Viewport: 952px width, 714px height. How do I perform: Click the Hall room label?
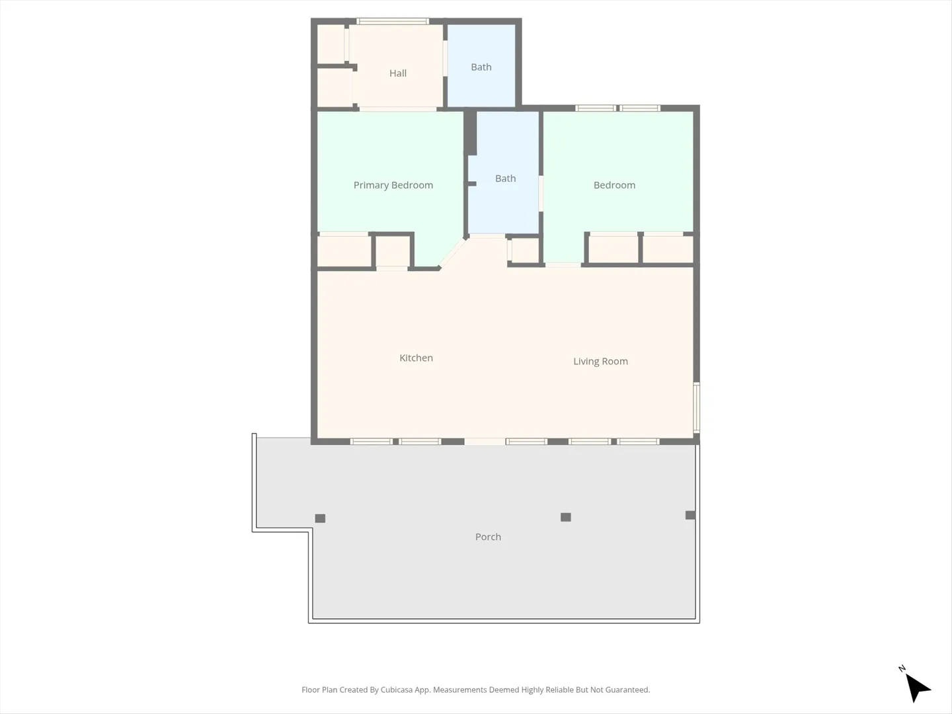click(398, 73)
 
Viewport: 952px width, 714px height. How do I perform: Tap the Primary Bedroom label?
click(393, 185)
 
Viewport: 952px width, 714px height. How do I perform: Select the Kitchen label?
click(416, 358)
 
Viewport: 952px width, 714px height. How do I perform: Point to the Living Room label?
click(600, 361)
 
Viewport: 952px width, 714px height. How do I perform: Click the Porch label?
click(488, 537)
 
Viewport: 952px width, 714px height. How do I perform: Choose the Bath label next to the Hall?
click(481, 67)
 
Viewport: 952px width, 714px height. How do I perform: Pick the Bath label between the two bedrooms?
click(505, 178)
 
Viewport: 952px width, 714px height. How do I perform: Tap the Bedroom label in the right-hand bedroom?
click(614, 185)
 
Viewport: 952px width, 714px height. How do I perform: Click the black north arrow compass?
click(917, 688)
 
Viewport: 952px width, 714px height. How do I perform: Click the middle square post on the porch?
click(565, 517)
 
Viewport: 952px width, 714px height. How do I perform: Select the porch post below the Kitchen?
click(320, 518)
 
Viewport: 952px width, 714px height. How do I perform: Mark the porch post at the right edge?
click(690, 515)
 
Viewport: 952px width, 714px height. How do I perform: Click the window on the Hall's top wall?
click(393, 21)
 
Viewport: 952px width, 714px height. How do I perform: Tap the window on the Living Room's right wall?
click(696, 407)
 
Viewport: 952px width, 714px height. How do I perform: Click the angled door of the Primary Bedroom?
click(452, 253)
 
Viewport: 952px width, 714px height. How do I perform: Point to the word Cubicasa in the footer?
click(397, 690)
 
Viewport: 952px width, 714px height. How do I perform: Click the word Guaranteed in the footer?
click(627, 690)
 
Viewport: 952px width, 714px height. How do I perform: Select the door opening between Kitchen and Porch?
click(485, 442)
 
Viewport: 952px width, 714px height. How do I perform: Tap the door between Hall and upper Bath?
click(445, 58)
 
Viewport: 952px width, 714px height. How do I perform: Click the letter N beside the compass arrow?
click(902, 668)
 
